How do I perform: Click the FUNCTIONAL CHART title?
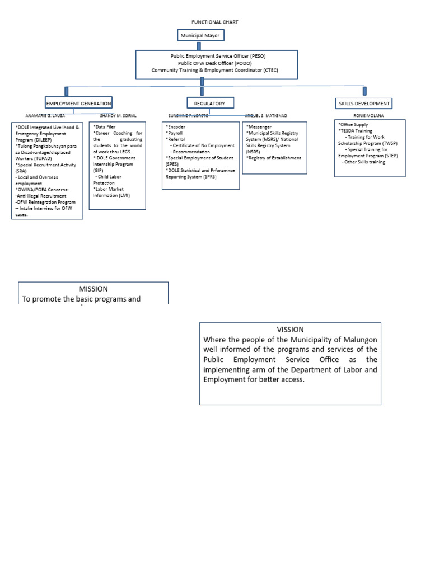click(x=215, y=22)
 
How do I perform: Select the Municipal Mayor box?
click(x=199, y=36)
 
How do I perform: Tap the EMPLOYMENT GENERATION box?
click(x=79, y=104)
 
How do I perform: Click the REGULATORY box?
click(x=209, y=104)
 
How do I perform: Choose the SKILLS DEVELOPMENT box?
click(x=364, y=104)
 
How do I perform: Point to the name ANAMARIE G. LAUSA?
click(x=45, y=116)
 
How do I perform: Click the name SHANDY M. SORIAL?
click(x=118, y=116)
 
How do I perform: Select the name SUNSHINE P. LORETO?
click(x=188, y=116)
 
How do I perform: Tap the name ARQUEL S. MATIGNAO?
click(x=267, y=116)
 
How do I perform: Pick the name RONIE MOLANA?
click(x=369, y=116)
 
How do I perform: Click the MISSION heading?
click(x=93, y=289)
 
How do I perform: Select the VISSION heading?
click(x=290, y=330)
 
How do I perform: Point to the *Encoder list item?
click(x=177, y=127)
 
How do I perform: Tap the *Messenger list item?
click(x=259, y=127)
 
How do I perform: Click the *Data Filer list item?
click(x=104, y=127)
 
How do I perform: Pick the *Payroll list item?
click(x=175, y=133)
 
